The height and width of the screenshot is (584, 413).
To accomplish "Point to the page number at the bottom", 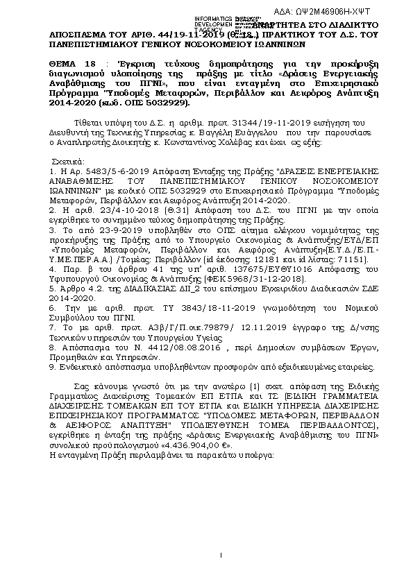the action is pos(220,554).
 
